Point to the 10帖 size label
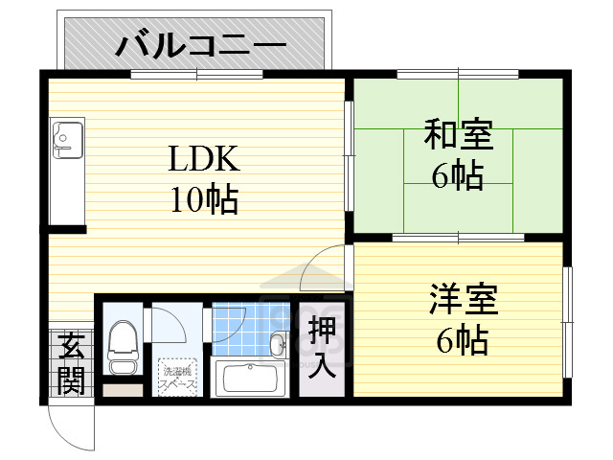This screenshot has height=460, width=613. point(205,199)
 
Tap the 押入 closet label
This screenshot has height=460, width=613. point(323,346)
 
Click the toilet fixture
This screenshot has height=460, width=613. point(122,346)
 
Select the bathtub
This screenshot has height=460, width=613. point(250,379)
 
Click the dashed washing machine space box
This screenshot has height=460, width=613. point(178,375)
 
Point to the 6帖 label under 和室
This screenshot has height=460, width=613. point(458,178)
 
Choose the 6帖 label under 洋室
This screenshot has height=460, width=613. point(462,340)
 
